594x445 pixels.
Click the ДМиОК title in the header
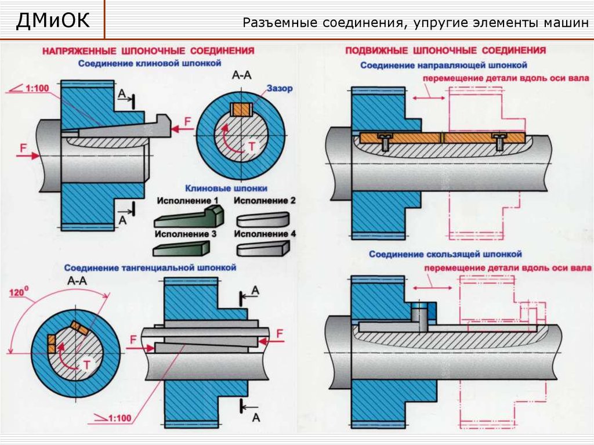pos(53,21)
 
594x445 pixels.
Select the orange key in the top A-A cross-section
pos(240,109)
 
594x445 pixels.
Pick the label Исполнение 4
pos(265,233)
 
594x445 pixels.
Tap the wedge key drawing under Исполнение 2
pos(262,219)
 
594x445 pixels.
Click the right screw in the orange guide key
pos(499,139)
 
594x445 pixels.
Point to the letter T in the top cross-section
pos(251,147)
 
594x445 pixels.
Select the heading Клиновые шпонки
pos(226,188)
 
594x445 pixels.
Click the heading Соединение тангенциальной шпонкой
pos(150,268)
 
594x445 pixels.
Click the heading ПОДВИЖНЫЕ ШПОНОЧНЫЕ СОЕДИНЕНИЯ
pos(445,50)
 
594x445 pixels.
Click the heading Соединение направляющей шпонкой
pos(443,65)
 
